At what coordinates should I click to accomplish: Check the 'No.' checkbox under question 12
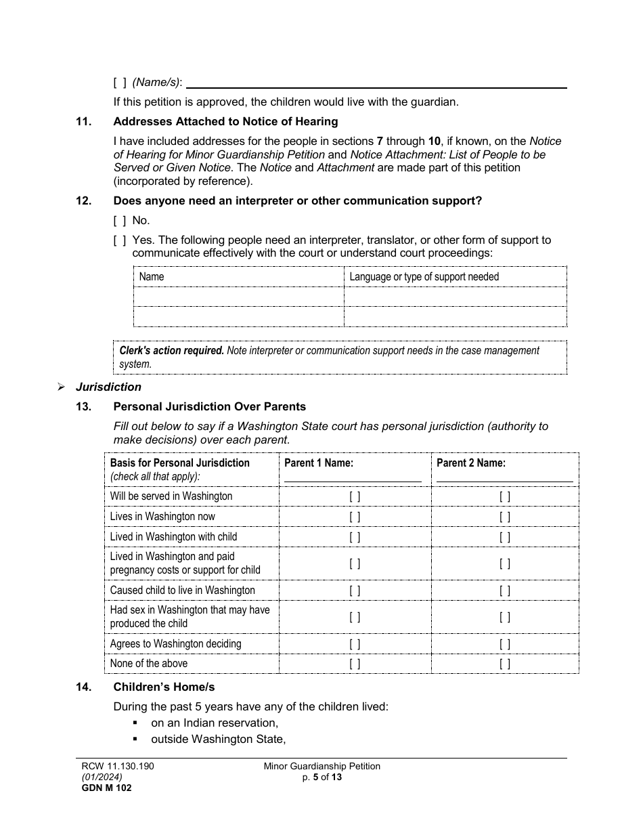point(120,220)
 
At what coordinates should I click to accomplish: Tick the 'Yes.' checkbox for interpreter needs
point(120,240)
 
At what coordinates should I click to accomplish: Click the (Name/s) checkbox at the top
point(120,82)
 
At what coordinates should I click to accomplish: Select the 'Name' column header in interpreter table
point(152,276)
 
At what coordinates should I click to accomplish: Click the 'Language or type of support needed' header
point(424,276)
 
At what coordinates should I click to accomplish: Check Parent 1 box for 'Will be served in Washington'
point(355,496)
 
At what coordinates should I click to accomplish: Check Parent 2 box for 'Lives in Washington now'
point(505,517)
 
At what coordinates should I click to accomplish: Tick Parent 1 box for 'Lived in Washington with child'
point(355,537)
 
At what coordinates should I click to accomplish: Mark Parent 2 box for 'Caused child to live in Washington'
point(505,591)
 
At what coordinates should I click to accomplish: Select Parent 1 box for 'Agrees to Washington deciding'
point(355,644)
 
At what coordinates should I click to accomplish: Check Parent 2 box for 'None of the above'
point(505,664)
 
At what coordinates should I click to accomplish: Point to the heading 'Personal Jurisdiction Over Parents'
point(209,407)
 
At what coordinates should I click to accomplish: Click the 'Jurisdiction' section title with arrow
point(108,387)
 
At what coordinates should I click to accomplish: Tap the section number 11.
point(83,122)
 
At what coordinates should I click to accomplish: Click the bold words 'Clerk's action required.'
point(171,351)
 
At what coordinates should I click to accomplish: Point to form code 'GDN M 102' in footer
point(102,788)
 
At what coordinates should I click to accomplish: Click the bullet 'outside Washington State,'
point(218,740)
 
